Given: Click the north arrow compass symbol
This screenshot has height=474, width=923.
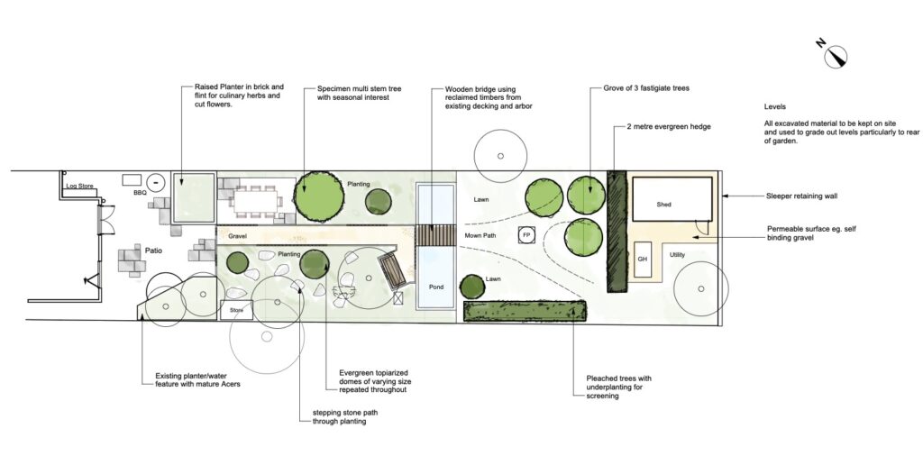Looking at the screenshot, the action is (x=835, y=56).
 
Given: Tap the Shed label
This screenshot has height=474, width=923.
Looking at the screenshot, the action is (x=663, y=205).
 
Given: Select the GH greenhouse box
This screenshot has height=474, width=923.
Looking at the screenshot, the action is (x=643, y=260).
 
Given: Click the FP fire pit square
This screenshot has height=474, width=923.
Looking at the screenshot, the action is (x=526, y=235).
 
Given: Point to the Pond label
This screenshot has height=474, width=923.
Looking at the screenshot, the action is (x=436, y=287).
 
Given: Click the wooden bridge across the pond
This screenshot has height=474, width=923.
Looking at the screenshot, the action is (x=436, y=235).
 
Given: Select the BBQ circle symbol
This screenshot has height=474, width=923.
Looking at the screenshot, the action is (x=156, y=183).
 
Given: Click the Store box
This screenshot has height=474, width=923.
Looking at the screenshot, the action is (x=237, y=310).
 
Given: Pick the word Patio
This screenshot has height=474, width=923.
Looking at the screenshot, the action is (x=153, y=251).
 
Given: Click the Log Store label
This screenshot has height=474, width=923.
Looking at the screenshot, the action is (x=79, y=186).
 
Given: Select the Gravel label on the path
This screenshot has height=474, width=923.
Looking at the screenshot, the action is (x=237, y=236).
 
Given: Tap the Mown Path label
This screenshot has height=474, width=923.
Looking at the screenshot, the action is (x=480, y=235).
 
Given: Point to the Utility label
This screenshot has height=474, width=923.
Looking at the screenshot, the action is (x=677, y=255).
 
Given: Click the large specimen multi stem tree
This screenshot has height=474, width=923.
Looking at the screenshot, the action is (x=319, y=196).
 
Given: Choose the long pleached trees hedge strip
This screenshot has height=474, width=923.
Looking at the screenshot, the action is (x=525, y=311).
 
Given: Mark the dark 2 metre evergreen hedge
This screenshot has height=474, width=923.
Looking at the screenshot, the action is (x=617, y=232).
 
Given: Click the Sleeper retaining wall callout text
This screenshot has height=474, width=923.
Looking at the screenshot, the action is (x=801, y=196).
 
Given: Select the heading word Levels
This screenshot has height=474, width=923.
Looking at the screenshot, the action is (x=774, y=107).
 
